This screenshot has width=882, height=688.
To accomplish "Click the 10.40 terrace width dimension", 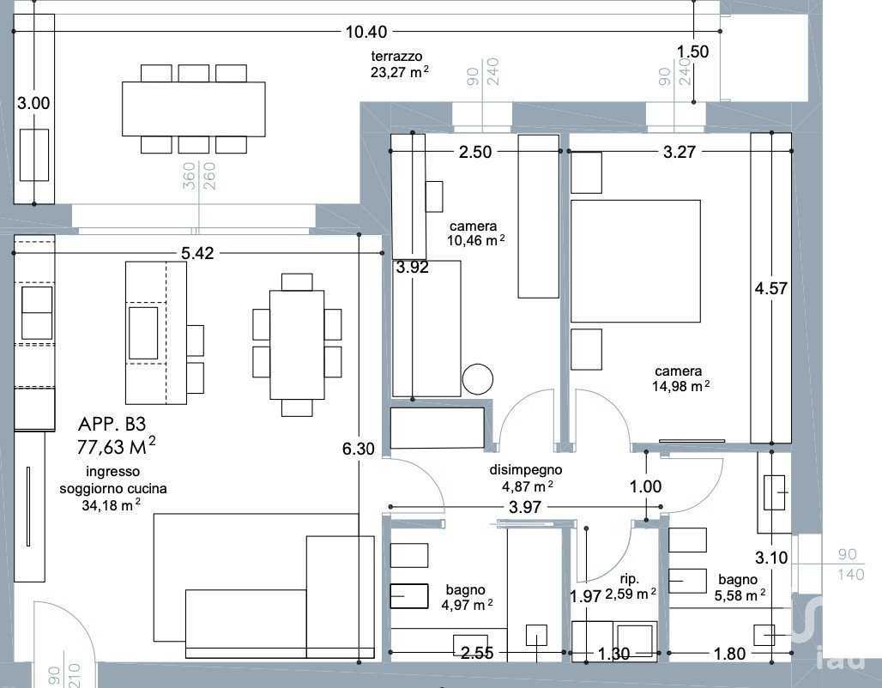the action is (x=366, y=32).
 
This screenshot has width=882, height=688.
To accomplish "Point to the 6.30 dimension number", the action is (x=359, y=449).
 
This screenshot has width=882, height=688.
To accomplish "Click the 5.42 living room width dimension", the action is (x=197, y=253).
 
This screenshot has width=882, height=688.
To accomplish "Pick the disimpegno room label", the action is (x=526, y=469).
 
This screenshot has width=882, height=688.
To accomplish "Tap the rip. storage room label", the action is (x=629, y=579).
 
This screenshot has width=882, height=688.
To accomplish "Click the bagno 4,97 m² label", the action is (x=467, y=597).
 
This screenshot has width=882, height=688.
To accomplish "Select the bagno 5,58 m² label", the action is (x=739, y=588).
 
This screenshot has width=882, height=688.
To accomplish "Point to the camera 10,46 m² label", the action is (x=475, y=233).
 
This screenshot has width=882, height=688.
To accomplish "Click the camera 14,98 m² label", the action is (x=680, y=378).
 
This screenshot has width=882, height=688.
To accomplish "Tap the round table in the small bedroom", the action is (x=478, y=378).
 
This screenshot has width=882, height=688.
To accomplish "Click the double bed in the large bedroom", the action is (x=636, y=261).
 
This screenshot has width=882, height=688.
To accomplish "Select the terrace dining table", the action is (x=194, y=109).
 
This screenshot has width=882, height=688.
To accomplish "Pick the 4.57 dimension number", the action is (x=770, y=288).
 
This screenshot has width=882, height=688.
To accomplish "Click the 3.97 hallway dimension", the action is (x=525, y=507).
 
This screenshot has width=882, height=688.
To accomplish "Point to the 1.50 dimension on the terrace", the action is (x=692, y=51).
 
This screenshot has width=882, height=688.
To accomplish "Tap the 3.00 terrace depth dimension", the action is (x=33, y=104).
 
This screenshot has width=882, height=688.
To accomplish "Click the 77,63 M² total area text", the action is (x=116, y=445).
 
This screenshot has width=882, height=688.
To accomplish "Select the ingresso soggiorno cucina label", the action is (x=113, y=488).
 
